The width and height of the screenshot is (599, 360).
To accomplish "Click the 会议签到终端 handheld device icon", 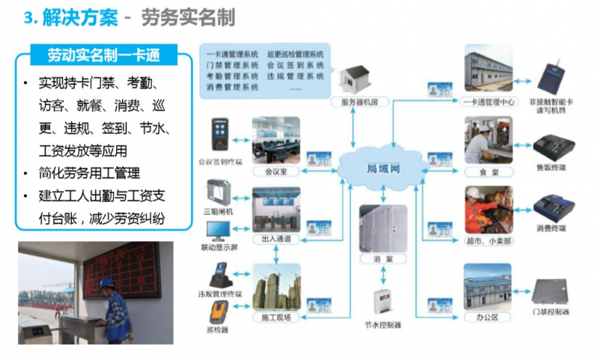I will click(x=219, y=133).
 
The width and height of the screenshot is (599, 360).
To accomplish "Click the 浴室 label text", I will click(x=383, y=258).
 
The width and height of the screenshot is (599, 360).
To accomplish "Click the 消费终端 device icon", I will click(x=553, y=205).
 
